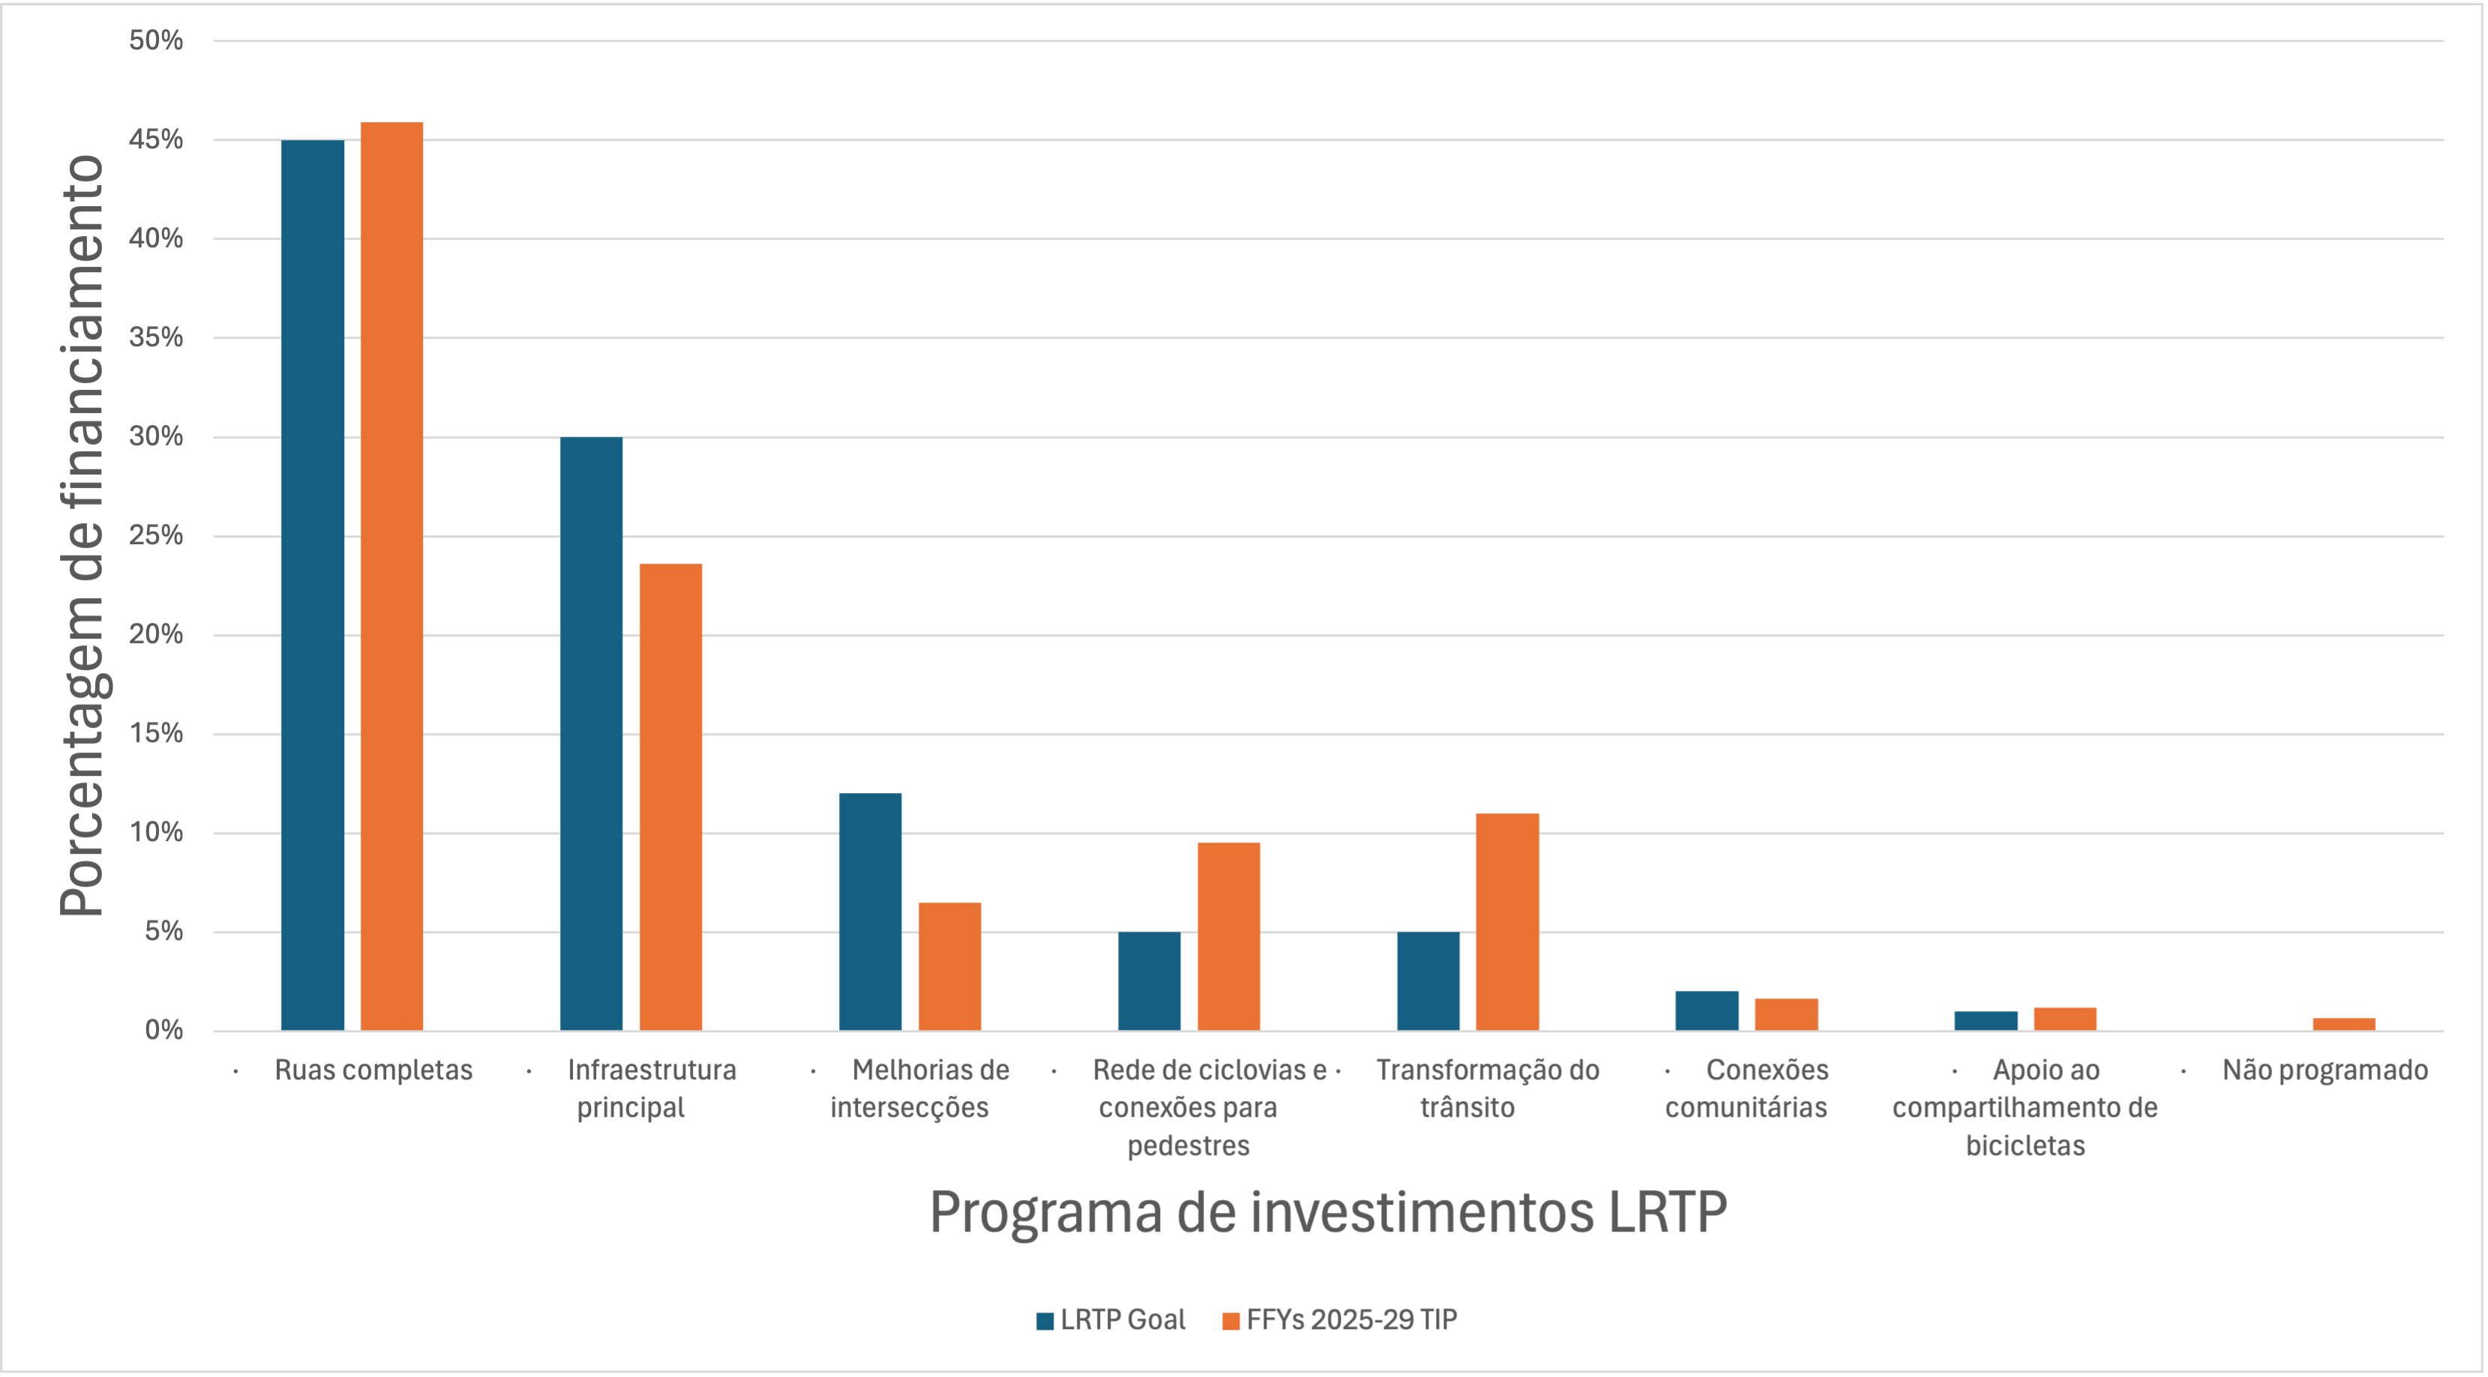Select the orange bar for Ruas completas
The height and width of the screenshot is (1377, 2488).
[x=391, y=576]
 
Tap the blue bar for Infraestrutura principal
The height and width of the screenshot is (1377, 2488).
[x=591, y=734]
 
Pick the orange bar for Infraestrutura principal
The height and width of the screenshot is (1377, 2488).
[x=670, y=797]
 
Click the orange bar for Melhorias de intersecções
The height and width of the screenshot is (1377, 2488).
[x=949, y=965]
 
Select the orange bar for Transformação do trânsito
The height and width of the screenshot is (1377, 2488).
[x=1506, y=921]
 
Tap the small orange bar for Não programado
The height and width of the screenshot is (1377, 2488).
[x=2343, y=1024]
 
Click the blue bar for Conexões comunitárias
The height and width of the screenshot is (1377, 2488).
[x=1707, y=1010]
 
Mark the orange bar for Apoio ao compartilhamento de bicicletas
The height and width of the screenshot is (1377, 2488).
[x=2065, y=1019]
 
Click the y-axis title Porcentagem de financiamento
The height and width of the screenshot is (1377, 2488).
[x=81, y=536]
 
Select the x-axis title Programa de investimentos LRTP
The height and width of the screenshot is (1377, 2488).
[x=1328, y=1212]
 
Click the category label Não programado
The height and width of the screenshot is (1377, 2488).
[x=2324, y=1070]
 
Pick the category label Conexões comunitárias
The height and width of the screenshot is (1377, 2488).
[x=1746, y=1088]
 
